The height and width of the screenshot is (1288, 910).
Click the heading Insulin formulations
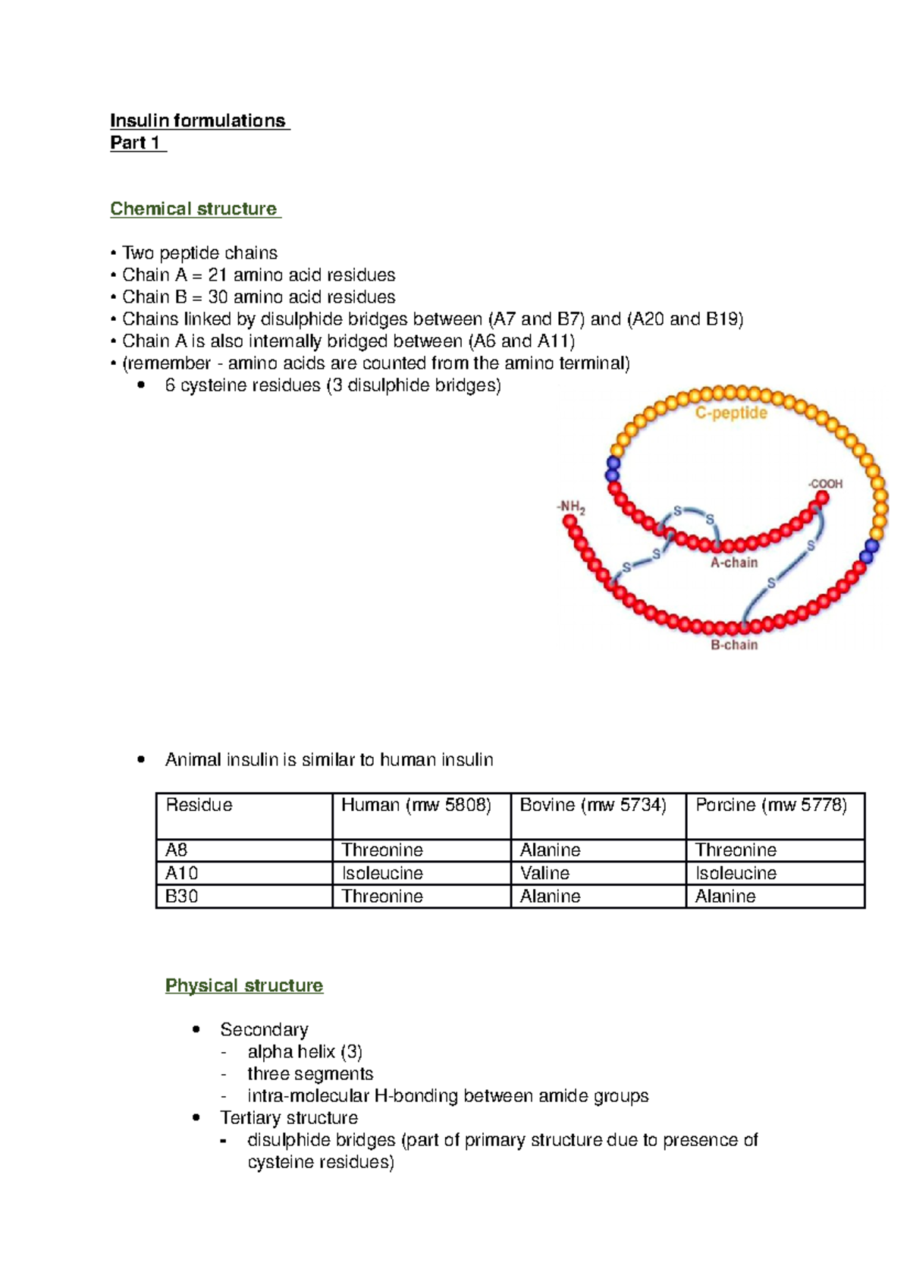(199, 121)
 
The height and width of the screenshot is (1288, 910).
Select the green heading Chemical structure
(194, 209)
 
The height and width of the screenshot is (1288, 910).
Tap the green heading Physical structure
(244, 985)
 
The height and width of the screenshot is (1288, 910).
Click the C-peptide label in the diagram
(731, 413)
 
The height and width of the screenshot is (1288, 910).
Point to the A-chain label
(733, 562)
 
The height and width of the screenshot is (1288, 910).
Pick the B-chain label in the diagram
(733, 645)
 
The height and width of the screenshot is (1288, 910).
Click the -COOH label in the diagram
(825, 484)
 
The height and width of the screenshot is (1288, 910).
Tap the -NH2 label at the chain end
(570, 506)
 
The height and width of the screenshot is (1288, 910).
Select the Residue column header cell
(199, 805)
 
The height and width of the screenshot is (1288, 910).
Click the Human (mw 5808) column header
(416, 805)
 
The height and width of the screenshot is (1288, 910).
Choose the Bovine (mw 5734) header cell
(593, 805)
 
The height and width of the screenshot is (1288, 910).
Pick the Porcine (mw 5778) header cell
(771, 805)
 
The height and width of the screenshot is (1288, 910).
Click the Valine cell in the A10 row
(545, 873)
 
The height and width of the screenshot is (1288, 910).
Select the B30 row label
(182, 896)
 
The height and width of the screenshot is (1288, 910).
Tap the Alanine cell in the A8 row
(551, 850)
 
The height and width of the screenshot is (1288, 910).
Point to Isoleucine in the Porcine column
(736, 873)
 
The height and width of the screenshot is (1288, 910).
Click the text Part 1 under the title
(135, 143)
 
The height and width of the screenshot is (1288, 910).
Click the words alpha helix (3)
(305, 1051)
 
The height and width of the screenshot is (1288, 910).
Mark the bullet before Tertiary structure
(196, 1117)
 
